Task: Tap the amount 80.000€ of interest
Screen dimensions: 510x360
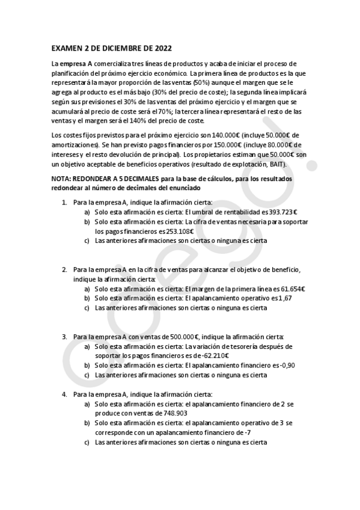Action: pos(284,145)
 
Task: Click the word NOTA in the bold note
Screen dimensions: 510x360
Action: pos(62,180)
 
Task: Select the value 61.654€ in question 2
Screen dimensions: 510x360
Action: pos(291,289)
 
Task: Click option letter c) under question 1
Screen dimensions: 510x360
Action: pos(87,241)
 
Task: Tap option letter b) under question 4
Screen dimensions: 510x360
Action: pos(87,424)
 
